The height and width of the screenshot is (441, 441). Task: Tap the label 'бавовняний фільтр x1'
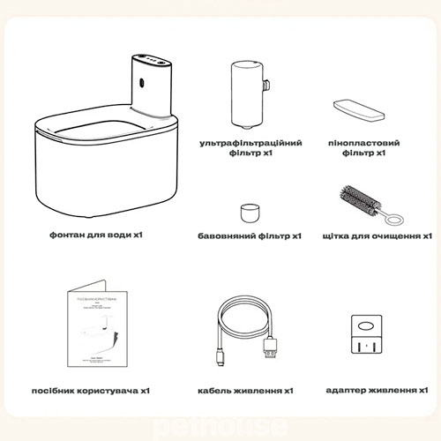[x=250, y=236]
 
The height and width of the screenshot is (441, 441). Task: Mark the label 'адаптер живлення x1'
[x=377, y=389]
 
